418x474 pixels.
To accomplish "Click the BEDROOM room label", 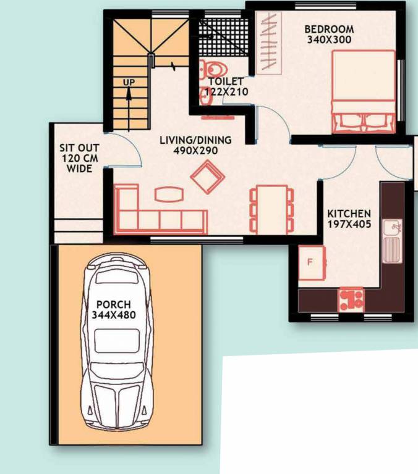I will coord(329,29).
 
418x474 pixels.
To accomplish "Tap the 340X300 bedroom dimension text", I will coord(329,39).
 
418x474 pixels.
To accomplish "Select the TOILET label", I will coord(226,81).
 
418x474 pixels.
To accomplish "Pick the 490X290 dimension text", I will coord(189,150).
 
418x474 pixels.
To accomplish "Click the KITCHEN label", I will coord(349,214).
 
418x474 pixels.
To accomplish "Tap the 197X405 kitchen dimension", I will coord(349,224).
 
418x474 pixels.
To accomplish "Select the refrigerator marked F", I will coord(312,262).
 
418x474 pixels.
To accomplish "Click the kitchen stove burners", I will coord(351,299).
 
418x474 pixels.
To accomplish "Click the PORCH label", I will coord(113,304).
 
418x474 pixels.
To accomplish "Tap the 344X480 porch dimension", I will coord(113,315).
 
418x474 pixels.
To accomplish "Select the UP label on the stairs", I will coord(128,81).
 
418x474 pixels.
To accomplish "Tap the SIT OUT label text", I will coord(79,148).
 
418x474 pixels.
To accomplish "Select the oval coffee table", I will coord(169,194).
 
